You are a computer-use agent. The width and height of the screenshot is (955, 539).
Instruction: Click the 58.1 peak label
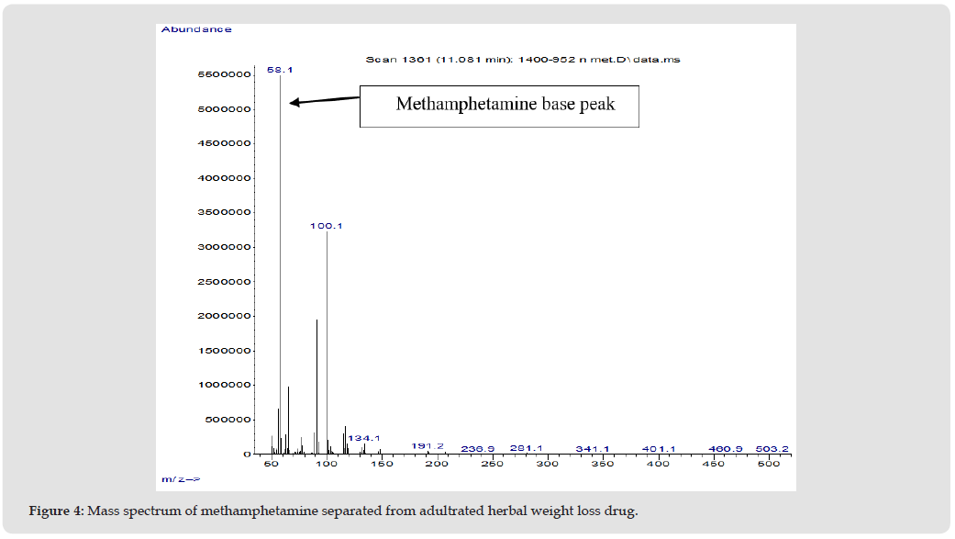[x=279, y=69]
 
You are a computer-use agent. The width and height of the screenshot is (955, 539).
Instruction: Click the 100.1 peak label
[x=327, y=225]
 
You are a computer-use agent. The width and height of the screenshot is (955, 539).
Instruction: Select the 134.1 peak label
[x=363, y=438]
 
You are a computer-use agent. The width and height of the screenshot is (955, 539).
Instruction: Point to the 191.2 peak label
[x=428, y=445]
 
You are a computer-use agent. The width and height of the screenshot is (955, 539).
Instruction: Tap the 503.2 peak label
[x=772, y=449]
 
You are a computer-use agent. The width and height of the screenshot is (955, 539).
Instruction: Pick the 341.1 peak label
[x=593, y=449]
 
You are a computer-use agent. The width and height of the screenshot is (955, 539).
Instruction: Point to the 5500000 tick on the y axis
[x=225, y=74]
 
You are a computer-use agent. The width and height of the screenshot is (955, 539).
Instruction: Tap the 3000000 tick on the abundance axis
[x=225, y=247]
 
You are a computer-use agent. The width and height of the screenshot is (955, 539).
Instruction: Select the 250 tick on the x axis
[x=493, y=464]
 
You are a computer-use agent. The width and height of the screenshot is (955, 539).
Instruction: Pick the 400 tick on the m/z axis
[x=658, y=464]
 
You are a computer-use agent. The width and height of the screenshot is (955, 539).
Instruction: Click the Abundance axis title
[x=196, y=29]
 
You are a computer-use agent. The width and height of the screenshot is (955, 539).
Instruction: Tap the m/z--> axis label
[x=181, y=479]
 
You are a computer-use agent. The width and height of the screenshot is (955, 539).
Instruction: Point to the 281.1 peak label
[x=527, y=448]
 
